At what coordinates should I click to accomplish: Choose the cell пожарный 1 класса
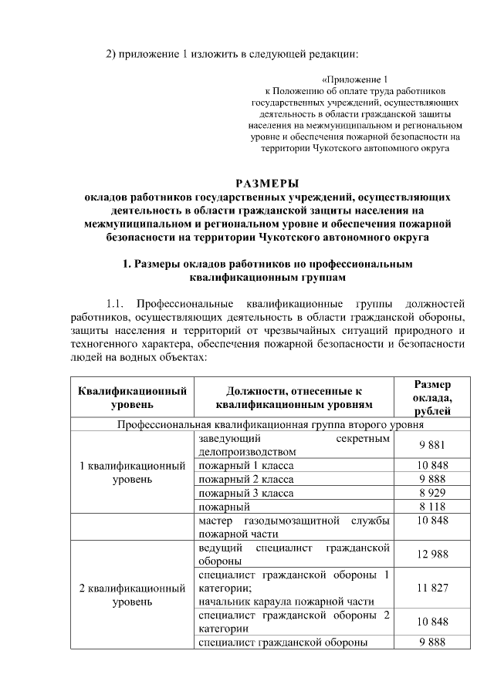[246, 465]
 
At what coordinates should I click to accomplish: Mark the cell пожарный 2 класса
[246, 479]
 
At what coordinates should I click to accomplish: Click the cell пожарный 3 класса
[246, 493]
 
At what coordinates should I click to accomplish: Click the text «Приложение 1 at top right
[354, 79]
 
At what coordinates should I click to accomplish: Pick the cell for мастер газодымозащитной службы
[294, 527]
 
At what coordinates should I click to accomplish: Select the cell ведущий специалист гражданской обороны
[294, 554]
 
